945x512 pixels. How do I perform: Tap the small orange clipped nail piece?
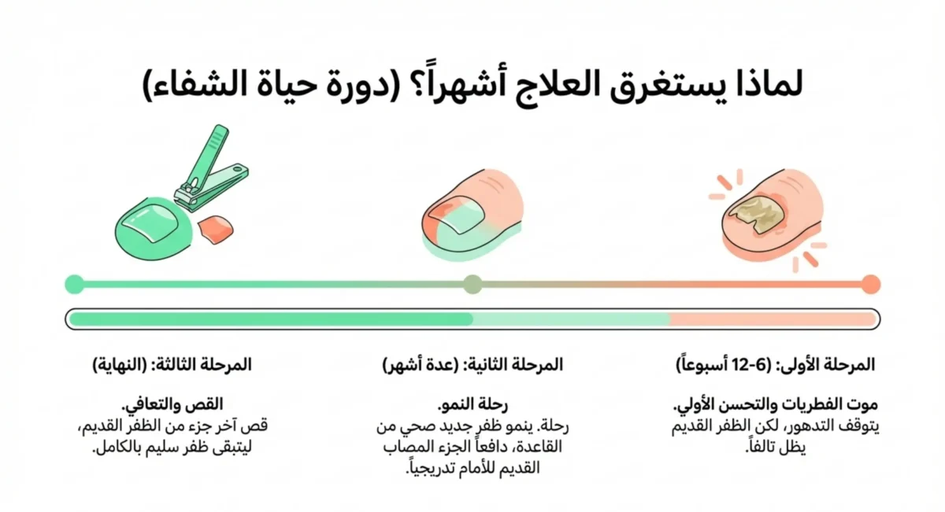217,230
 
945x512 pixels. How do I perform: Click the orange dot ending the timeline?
870,284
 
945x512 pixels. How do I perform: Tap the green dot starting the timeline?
74,284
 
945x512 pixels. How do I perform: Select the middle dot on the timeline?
472,284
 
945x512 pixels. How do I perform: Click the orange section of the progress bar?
772,319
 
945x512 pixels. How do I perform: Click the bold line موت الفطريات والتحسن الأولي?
776,406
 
